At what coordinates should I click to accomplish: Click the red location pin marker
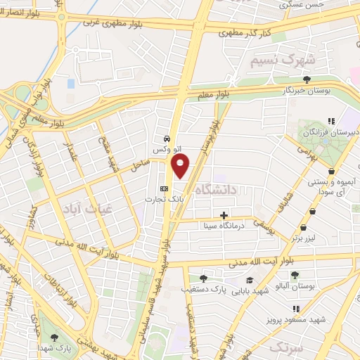181,166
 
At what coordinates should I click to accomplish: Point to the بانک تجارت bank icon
165,188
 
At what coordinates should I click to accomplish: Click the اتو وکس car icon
166,139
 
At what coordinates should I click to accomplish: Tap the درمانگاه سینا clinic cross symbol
224,215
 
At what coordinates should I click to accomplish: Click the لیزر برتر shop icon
303,228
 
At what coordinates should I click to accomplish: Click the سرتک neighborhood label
274,347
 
